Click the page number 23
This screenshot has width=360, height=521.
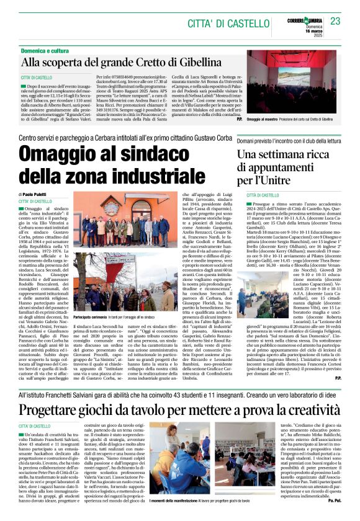click(336, 20)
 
